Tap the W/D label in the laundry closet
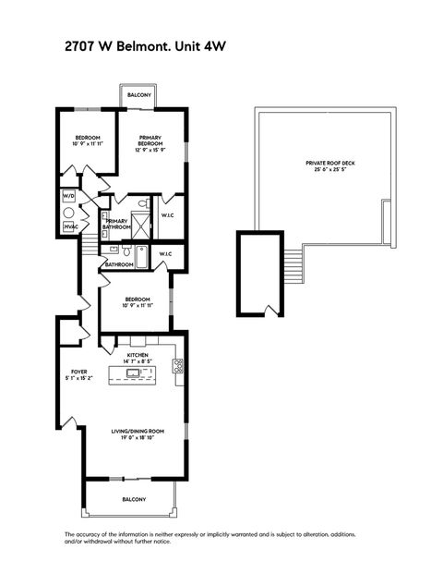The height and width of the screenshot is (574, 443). coord(68,197)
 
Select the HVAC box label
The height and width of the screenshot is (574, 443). coord(70,226)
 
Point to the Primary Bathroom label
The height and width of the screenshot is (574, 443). coord(117,224)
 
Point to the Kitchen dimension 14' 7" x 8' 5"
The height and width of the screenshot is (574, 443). coord(138,361)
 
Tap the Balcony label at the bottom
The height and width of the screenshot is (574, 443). coord(134,500)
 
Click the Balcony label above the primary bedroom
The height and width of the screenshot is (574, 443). coord(140,95)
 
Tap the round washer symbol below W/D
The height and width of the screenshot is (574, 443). coord(68,212)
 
